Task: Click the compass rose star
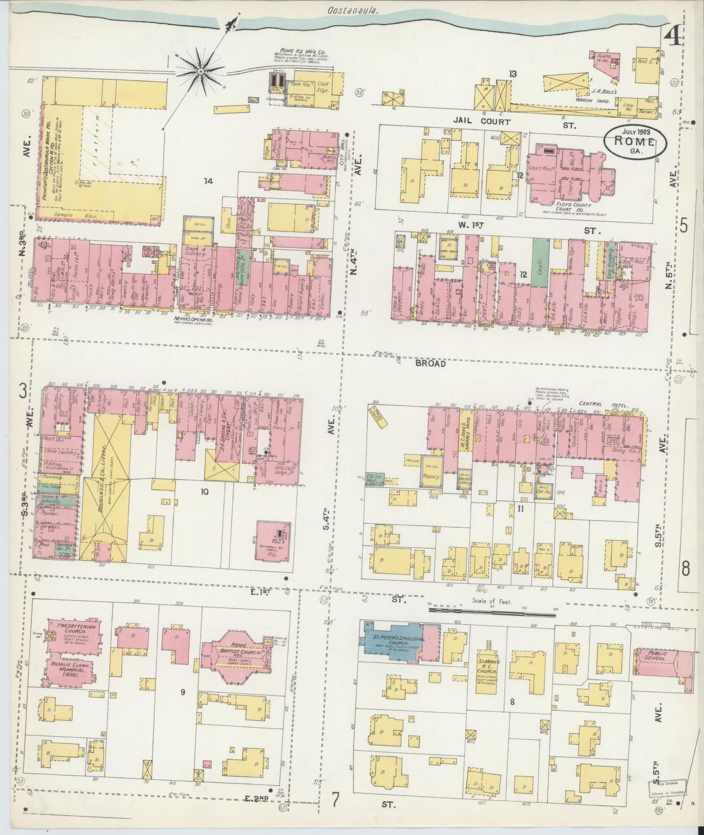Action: pyautogui.click(x=200, y=72)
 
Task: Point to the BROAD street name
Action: pyautogui.click(x=431, y=363)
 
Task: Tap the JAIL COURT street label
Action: pyautogui.click(x=481, y=122)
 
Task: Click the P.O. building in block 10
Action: pyautogui.click(x=273, y=541)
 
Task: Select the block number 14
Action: pyautogui.click(x=208, y=182)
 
